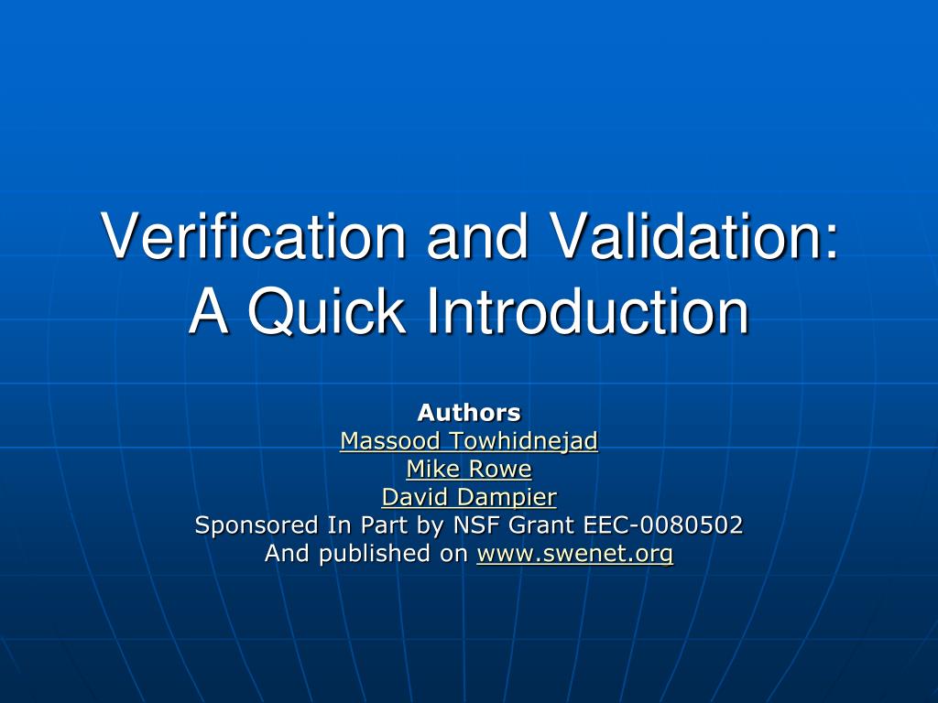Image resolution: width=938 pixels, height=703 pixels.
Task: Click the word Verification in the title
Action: tap(253, 235)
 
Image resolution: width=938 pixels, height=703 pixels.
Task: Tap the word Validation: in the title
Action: tap(693, 235)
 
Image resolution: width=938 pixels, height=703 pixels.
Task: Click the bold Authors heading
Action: tap(469, 413)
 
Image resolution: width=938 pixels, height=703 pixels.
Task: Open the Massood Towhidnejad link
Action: tap(469, 441)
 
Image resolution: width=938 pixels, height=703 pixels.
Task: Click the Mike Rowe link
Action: tap(469, 470)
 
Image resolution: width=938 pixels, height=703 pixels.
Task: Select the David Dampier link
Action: tap(469, 497)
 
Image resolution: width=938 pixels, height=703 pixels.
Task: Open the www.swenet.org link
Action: tap(575, 554)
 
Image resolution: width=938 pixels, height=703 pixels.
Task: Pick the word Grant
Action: tap(532, 525)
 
